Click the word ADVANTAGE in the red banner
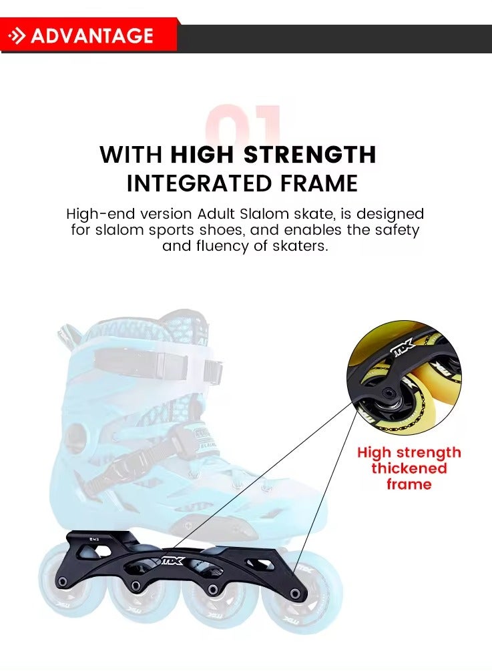coord(92,35)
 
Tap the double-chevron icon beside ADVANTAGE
coord(17,35)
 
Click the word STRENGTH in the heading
coord(310,155)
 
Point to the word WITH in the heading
coord(131,155)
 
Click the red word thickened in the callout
coord(409,468)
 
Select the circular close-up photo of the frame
coord(404,378)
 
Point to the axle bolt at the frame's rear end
coord(62,582)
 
